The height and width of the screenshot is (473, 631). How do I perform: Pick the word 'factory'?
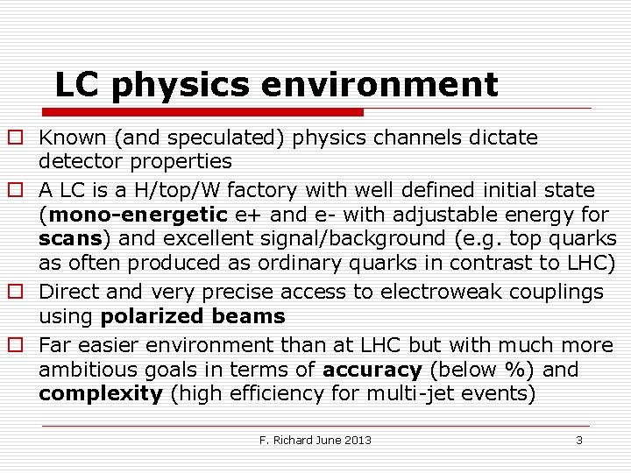(x=253, y=190)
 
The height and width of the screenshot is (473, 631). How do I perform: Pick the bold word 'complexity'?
(x=101, y=393)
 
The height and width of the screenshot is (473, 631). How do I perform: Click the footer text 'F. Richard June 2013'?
(x=315, y=440)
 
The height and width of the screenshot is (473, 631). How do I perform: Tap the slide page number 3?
(x=578, y=440)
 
